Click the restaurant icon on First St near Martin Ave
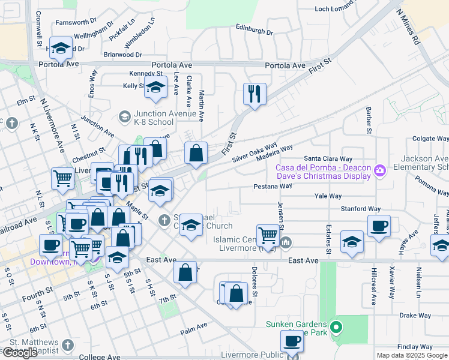[255, 94]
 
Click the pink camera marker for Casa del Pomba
[379, 171]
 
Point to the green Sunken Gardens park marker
[336, 328]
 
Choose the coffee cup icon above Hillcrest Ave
[379, 226]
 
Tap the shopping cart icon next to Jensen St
[268, 235]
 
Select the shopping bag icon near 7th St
[185, 271]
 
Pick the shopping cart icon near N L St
[62, 178]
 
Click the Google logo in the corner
[20, 353]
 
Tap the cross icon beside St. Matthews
[68, 345]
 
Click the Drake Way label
[415, 315]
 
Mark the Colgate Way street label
[431, 139]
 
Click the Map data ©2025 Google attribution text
[412, 355]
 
